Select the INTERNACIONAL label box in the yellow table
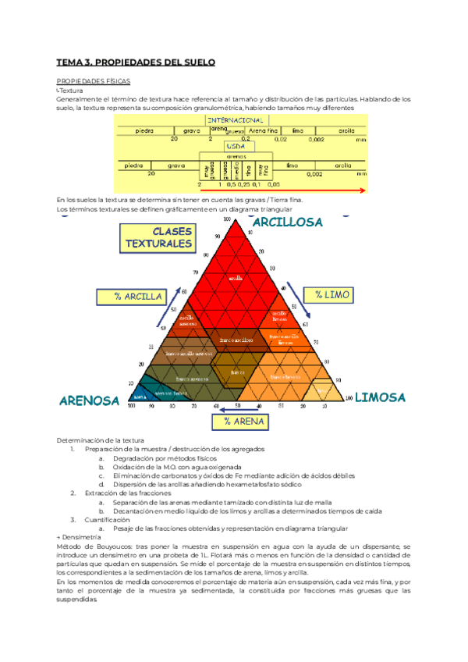[x=234, y=119]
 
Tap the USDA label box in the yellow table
[x=235, y=146]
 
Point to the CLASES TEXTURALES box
[x=161, y=238]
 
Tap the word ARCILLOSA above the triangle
[x=286, y=222]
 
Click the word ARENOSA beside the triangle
[x=89, y=400]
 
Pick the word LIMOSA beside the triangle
[x=381, y=397]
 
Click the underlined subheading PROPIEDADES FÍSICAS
[x=94, y=81]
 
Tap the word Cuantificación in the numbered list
[x=106, y=519]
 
